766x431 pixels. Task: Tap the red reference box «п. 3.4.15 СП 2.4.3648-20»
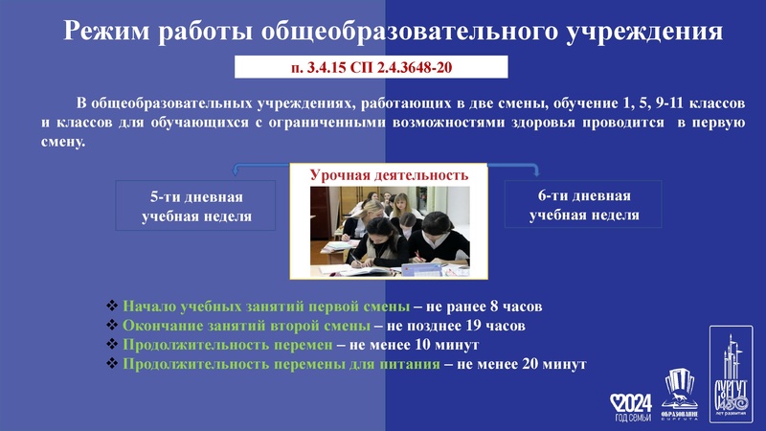point(372,68)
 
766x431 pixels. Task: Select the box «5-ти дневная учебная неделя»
point(197,206)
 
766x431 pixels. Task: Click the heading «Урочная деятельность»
point(389,175)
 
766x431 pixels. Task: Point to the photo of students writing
point(389,229)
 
